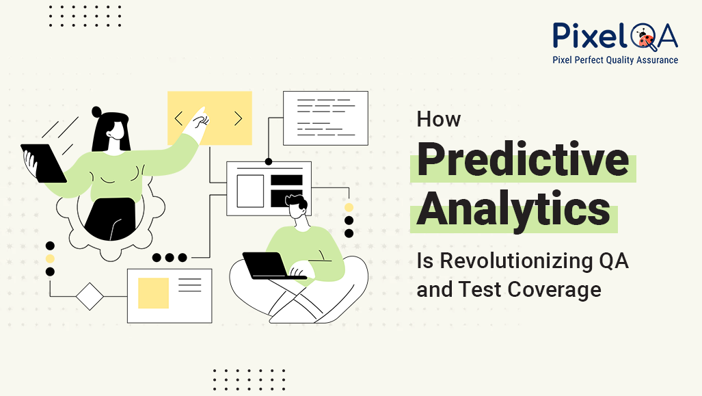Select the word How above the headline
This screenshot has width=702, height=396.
tap(439, 119)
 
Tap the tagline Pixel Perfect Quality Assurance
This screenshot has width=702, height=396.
tap(615, 60)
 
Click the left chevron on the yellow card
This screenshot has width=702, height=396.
tap(178, 118)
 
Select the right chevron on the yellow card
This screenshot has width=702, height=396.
tap(238, 118)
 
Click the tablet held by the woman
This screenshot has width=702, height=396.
tap(42, 163)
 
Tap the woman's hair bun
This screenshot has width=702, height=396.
tap(97, 111)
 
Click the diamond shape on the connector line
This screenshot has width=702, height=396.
tap(90, 296)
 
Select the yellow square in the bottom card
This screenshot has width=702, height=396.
tap(153, 293)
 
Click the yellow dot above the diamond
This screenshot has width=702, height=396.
tap(50, 259)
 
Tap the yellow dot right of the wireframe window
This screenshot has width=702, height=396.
tap(349, 207)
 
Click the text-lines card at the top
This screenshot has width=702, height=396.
tap(325, 118)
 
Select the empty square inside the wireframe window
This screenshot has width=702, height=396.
tap(250, 191)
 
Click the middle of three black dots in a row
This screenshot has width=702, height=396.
tap(170, 258)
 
